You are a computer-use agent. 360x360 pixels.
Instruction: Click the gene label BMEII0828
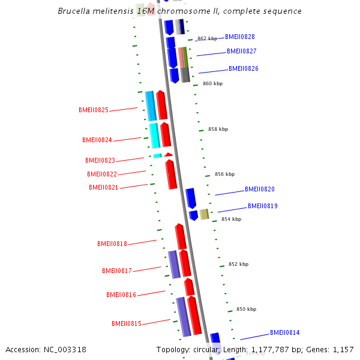[239, 37]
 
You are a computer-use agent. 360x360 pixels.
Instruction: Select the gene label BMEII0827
[241, 51]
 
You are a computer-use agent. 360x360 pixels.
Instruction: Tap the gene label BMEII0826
[243, 68]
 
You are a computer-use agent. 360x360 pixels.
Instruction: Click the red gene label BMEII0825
[94, 110]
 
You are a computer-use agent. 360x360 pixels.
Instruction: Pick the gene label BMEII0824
[97, 140]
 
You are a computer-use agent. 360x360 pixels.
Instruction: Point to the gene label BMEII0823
[100, 160]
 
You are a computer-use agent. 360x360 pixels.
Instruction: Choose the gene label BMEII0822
[102, 174]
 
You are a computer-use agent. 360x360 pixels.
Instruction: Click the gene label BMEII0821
[104, 187]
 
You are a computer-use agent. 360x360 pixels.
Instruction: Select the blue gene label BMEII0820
[259, 189]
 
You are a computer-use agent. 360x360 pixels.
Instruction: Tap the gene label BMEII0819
[262, 206]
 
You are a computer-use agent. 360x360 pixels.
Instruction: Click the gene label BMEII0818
[112, 244]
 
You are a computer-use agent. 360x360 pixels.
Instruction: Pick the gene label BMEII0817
[116, 271]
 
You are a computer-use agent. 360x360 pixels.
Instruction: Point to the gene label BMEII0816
[121, 295]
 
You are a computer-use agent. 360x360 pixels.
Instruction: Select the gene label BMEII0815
[127, 323]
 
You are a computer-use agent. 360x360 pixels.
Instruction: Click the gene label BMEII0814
[284, 332]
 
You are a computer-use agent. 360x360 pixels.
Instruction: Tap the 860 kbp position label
[212, 83]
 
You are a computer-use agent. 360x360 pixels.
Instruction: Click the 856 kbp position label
[224, 174]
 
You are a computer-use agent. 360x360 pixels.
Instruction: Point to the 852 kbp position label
[238, 264]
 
